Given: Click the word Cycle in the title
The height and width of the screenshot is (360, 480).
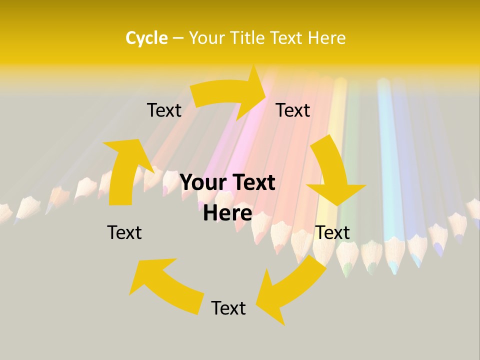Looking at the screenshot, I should click(146, 38).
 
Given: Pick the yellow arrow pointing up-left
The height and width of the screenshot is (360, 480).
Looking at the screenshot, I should click(165, 285).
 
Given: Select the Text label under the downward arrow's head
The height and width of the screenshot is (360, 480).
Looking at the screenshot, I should click(332, 232).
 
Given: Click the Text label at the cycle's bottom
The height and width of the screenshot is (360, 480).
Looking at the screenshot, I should click(228, 308).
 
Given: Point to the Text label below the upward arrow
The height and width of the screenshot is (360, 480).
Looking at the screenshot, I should click(124, 232).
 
